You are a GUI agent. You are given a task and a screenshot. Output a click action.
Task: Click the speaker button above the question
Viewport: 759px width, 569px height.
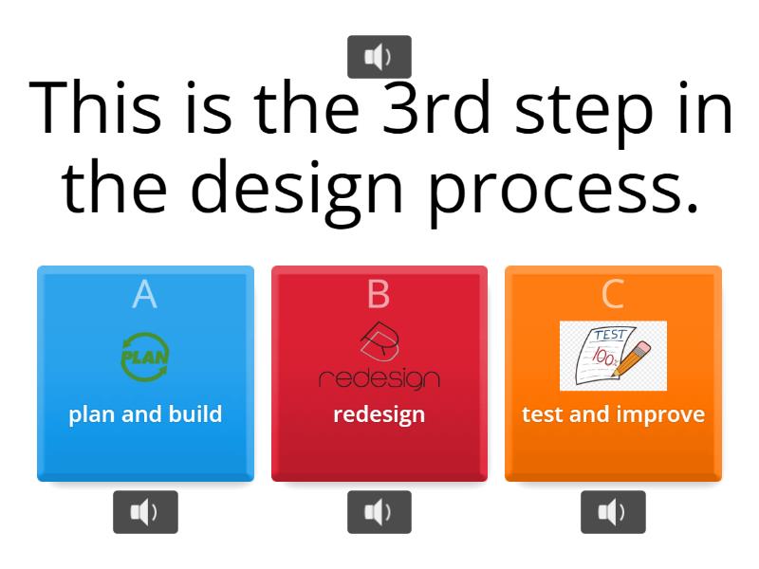(x=379, y=57)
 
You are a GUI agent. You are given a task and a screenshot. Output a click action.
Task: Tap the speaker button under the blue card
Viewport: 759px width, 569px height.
(x=145, y=512)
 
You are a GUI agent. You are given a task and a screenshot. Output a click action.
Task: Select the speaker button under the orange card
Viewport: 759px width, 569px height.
(x=613, y=512)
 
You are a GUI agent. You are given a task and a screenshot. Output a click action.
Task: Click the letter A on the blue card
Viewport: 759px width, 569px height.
(x=144, y=295)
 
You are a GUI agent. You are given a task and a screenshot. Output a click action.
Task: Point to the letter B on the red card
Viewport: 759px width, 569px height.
(x=379, y=295)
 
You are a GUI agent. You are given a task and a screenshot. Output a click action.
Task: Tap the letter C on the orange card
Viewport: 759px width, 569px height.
(x=613, y=295)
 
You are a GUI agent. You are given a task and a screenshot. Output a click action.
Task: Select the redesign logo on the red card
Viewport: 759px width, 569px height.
(x=379, y=357)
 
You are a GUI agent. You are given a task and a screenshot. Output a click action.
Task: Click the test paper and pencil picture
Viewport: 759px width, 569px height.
(x=613, y=356)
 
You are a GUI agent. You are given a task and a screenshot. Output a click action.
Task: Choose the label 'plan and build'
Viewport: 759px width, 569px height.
(x=145, y=414)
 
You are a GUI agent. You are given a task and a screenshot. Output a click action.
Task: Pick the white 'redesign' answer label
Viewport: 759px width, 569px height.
(x=379, y=414)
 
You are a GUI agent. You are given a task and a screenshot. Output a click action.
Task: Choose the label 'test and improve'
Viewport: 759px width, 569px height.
(x=613, y=414)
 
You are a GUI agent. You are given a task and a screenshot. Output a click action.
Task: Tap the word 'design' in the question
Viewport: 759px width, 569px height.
(x=288, y=187)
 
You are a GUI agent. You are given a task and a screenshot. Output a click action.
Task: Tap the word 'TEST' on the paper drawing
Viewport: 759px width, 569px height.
(x=608, y=335)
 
